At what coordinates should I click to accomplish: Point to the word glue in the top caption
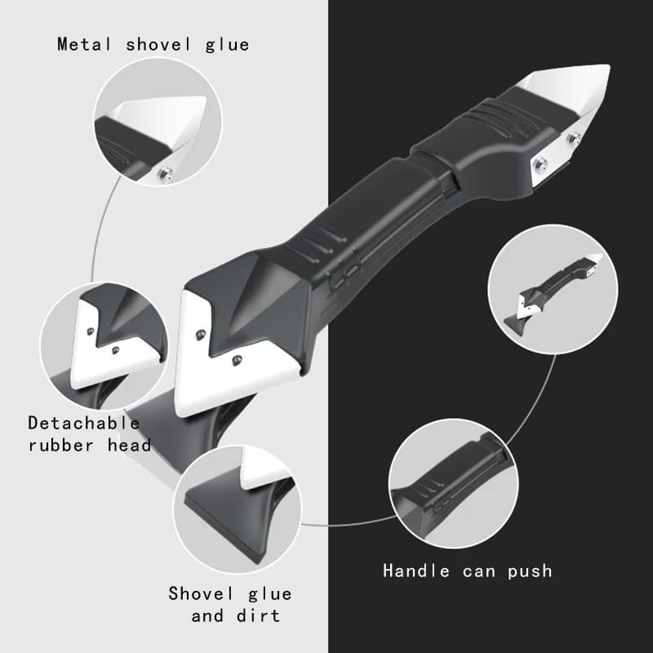coord(227,44)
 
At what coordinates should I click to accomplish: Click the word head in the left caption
coord(131,445)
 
